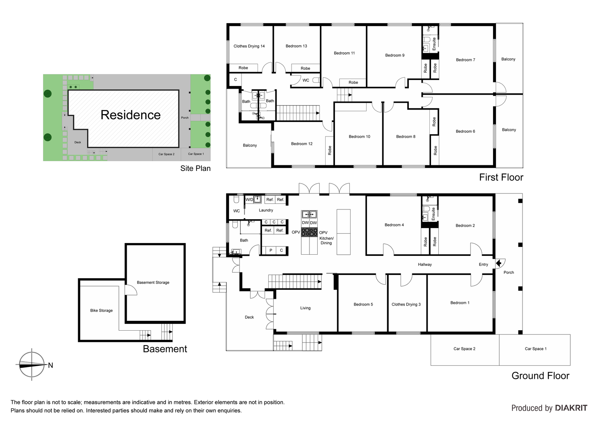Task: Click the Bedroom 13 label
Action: coord(296,46)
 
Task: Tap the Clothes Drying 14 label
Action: coord(249,46)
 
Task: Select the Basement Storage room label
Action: coord(153,282)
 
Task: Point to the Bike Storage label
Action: coord(101,310)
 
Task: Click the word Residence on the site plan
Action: coord(130,115)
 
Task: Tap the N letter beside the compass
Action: coord(50,365)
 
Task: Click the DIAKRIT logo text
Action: coord(571,408)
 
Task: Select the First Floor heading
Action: coord(501,177)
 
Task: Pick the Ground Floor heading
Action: coord(540,376)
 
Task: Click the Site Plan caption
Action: coord(195,168)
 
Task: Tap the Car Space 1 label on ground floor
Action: coord(536,349)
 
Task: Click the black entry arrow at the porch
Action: coord(499,264)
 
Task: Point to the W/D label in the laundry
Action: coord(249,200)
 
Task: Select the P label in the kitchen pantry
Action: coord(271,250)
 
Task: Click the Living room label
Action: coord(305,308)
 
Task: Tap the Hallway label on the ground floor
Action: coord(425,264)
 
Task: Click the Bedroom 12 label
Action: coord(302,144)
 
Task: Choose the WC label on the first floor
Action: coord(306,80)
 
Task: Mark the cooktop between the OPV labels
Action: coord(309,232)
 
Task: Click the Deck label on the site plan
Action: coord(78,142)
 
